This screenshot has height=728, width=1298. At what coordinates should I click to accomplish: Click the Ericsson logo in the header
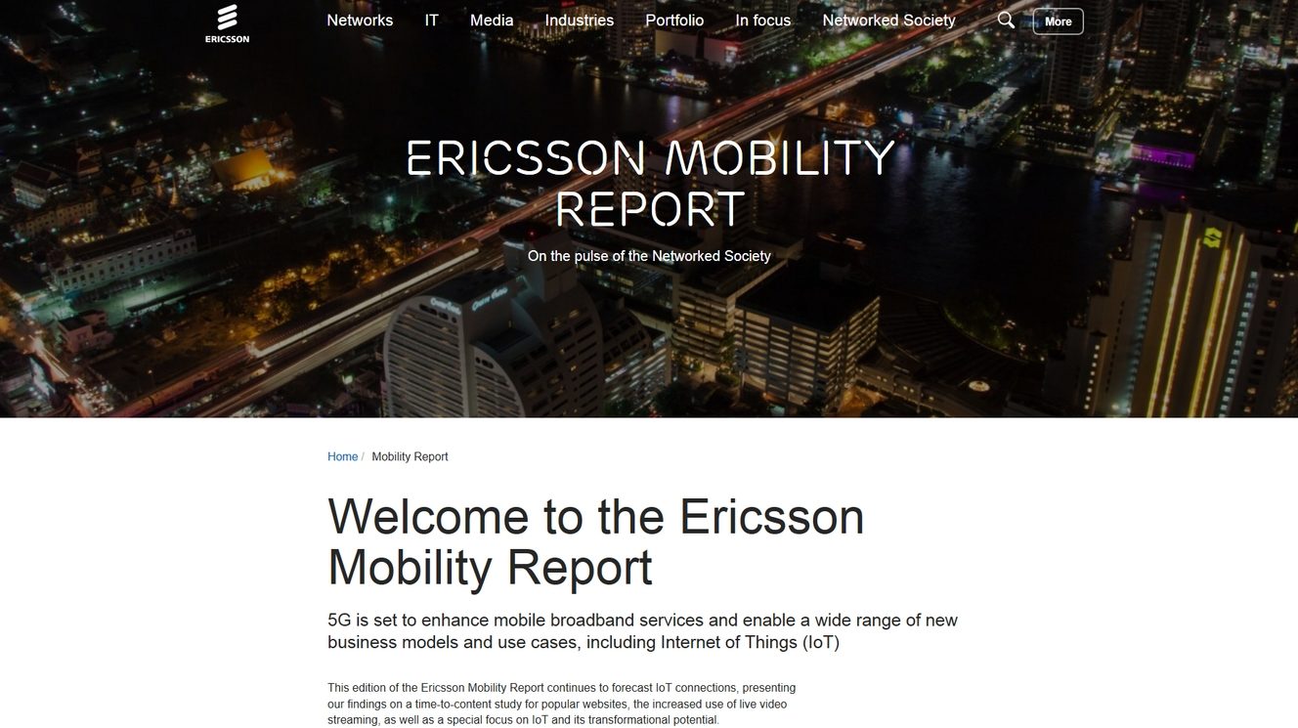click(x=227, y=23)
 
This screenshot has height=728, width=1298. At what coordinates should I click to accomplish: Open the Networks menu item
click(x=360, y=21)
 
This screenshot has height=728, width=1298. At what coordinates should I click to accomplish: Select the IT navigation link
click(x=431, y=21)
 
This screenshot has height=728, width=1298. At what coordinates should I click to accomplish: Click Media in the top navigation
click(x=492, y=21)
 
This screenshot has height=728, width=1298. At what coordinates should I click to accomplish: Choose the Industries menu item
click(x=579, y=21)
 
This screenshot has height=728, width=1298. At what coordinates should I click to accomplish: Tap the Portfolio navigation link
click(x=674, y=21)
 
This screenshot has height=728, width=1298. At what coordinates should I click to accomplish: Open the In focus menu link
click(x=763, y=21)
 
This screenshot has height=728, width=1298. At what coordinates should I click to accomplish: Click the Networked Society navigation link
click(x=888, y=21)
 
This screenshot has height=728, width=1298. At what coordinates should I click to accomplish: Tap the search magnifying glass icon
click(x=1006, y=21)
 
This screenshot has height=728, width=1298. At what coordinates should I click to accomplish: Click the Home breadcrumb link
click(x=342, y=457)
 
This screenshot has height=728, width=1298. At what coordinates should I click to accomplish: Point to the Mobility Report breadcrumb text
click(x=410, y=457)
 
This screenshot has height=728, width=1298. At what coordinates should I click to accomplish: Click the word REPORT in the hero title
click(x=650, y=208)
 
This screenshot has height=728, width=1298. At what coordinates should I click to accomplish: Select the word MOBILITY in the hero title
click(x=780, y=157)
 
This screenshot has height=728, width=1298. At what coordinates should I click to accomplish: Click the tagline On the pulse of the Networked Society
click(x=649, y=256)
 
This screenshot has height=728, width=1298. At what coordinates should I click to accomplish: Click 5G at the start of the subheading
click(x=339, y=621)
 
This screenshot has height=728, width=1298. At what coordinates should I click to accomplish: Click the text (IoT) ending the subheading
click(x=821, y=643)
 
